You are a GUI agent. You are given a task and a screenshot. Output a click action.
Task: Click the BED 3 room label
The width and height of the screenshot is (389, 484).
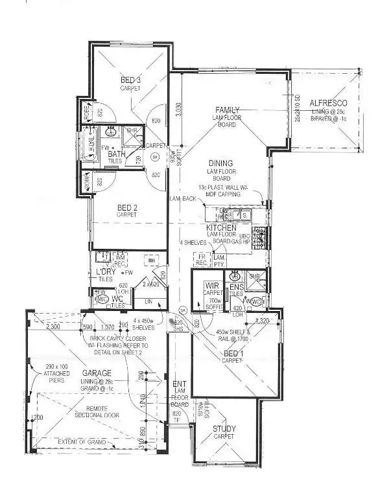(130, 80)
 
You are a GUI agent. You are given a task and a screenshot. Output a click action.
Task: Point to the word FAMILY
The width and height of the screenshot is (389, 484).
(228, 109)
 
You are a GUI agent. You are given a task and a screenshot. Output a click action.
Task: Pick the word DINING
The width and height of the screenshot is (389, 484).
(220, 163)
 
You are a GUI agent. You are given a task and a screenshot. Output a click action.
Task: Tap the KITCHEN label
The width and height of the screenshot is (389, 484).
(220, 229)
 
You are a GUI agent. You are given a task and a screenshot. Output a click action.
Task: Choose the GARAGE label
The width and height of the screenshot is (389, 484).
(97, 373)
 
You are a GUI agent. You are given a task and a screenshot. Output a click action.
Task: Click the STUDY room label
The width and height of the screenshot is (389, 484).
(224, 429)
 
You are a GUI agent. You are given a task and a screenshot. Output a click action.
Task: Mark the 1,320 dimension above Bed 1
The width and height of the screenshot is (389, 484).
(262, 321)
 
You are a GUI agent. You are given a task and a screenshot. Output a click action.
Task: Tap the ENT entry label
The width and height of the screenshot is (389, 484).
(180, 385)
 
